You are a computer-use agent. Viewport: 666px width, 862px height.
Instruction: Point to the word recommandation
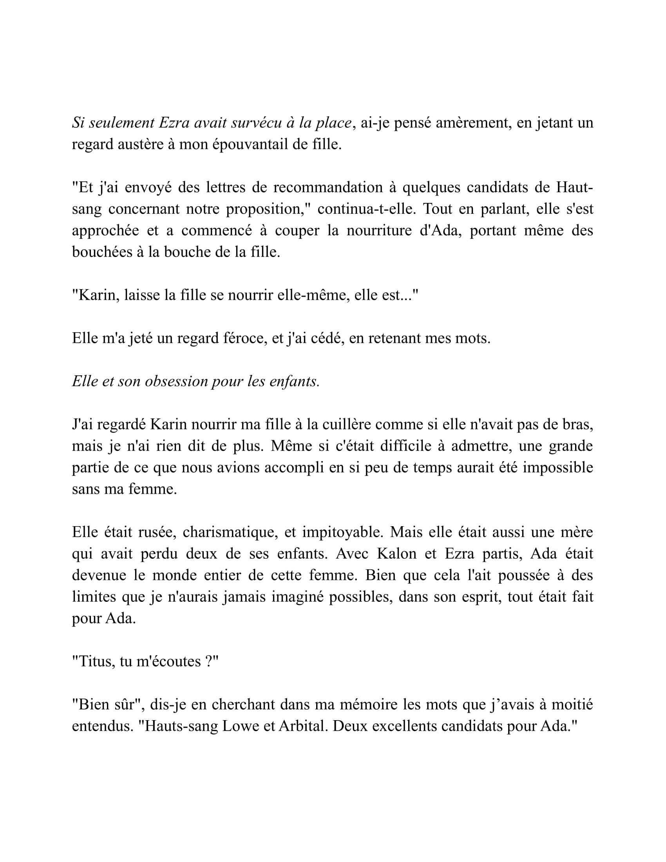pyautogui.click(x=328, y=187)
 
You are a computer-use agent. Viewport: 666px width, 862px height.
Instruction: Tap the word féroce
pyautogui.click(x=242, y=338)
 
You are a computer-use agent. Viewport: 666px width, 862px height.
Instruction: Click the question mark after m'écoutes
pyautogui.click(x=210, y=661)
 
